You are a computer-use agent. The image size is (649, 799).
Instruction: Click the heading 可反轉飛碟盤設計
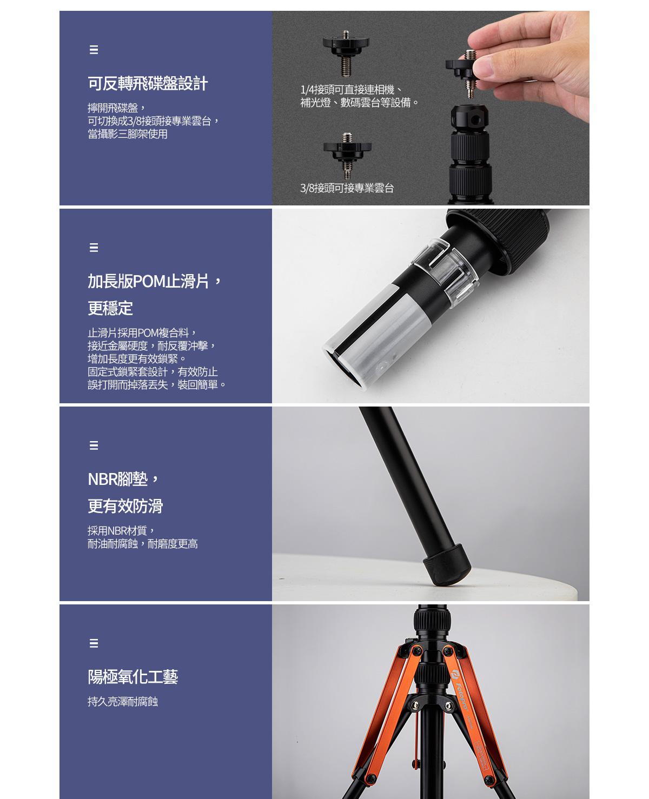coord(148,83)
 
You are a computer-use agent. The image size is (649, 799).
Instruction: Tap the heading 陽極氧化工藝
coord(133,677)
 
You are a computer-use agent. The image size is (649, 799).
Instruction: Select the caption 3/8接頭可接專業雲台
coord(347,188)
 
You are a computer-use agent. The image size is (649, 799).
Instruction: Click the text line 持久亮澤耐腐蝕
coord(123,702)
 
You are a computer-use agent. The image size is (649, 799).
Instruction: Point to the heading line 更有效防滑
coord(125,506)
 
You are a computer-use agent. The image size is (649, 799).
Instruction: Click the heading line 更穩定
coord(110,308)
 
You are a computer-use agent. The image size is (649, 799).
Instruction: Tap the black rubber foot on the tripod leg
coord(447,565)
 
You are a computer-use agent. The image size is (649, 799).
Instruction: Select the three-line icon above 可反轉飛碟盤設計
coord(94,50)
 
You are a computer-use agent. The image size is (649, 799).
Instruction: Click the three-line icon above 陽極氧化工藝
coord(94,643)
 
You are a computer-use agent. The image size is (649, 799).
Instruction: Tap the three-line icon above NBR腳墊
coord(94,445)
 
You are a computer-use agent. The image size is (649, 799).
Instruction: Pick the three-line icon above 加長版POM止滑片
coord(94,248)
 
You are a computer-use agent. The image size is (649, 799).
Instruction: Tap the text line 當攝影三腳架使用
coord(128,134)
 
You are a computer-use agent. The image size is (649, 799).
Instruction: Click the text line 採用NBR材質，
coord(121,530)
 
